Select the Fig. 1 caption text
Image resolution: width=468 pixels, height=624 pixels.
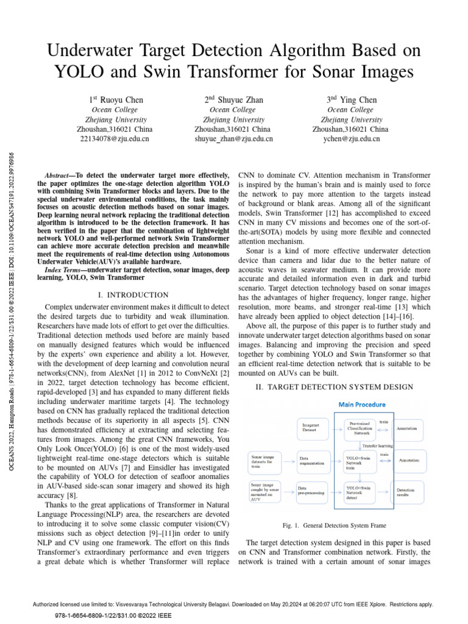(x=335, y=525)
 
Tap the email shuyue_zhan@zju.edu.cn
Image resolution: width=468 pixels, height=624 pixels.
(x=233, y=139)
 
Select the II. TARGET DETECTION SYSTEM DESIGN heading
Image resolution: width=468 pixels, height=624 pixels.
(x=334, y=387)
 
